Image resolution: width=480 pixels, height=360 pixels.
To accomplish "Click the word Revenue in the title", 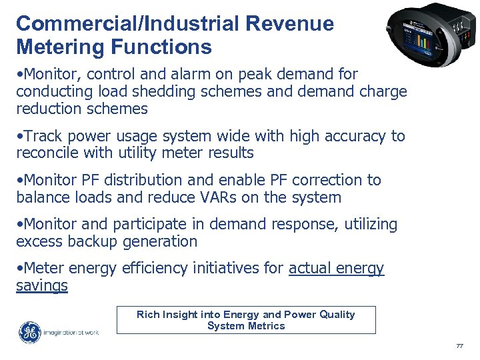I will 289,24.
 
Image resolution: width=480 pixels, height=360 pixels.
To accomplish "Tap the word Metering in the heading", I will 56,47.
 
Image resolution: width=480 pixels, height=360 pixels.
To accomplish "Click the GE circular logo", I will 29,332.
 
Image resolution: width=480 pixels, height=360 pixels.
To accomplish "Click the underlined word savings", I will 41,285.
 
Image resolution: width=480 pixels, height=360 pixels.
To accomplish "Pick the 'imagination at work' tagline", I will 71,332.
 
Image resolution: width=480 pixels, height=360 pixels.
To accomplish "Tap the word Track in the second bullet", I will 43,136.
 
